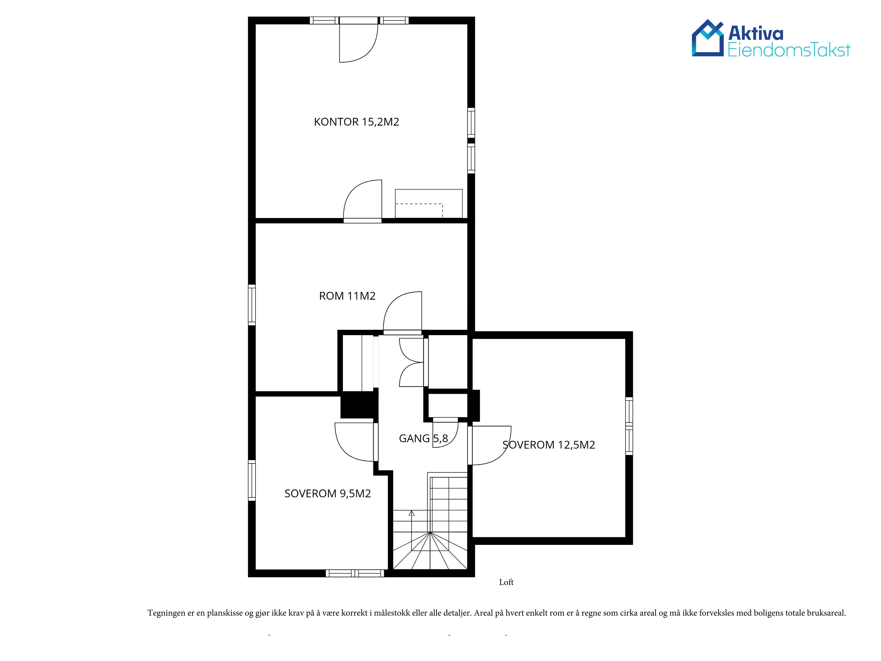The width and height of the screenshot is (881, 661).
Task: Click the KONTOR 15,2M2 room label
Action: pos(357,122)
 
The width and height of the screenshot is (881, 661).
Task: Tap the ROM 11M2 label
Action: pos(347,296)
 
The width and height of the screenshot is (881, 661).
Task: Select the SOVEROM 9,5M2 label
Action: pos(327,494)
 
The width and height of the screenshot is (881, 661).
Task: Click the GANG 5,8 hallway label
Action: pos(423,439)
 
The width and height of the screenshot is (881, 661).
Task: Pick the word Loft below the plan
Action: pos(506,582)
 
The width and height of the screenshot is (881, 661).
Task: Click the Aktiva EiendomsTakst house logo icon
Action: pos(707,38)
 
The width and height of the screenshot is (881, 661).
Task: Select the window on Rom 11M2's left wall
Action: pos(252,305)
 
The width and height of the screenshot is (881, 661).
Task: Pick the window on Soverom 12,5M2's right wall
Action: pos(629,426)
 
